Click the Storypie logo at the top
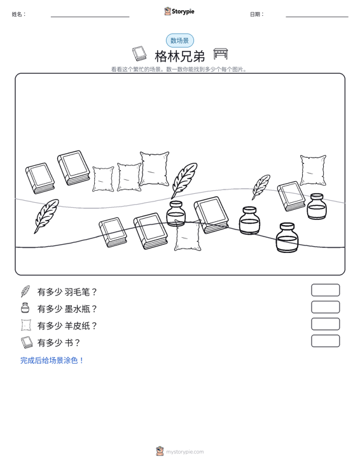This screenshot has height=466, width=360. tap(179, 11)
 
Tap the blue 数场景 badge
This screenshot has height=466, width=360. tap(180, 41)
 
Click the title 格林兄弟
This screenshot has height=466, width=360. tap(180, 56)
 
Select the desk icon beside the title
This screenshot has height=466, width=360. tap(221, 54)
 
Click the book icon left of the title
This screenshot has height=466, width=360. tap(139, 53)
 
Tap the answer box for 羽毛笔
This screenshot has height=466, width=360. tap(325, 290)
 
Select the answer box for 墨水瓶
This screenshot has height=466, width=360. tap(325, 307)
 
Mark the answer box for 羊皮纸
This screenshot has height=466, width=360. tap(325, 324)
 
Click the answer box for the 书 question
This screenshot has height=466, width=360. tap(325, 341)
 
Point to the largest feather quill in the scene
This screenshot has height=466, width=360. tap(184, 180)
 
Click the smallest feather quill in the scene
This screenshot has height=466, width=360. tap(261, 187)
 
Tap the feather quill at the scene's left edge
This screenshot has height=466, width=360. tap(46, 216)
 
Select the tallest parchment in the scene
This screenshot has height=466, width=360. tap(155, 168)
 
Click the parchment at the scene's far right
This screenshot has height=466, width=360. tap(313, 170)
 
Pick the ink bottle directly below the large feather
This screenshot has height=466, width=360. tap(176, 213)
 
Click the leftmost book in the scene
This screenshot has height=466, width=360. tap(40, 178)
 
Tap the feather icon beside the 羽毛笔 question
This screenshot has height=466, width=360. tap(25, 291)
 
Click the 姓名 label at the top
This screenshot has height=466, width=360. tap(18, 14)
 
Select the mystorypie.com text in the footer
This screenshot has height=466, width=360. tap(184, 452)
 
